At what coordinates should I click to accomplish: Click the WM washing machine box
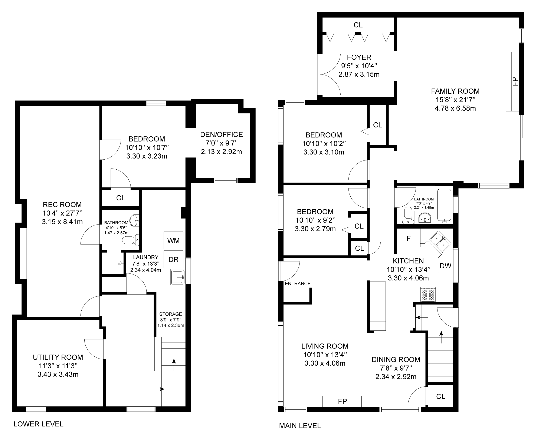(173, 240)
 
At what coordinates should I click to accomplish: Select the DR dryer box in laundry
(173, 259)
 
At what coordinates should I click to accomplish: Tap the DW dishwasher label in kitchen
(445, 266)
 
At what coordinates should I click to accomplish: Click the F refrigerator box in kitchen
(408, 238)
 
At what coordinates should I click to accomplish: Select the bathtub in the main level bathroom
(444, 205)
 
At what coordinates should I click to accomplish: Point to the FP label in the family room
(515, 82)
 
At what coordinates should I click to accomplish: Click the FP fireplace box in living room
(342, 401)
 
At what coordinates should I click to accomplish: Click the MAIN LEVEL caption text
(300, 426)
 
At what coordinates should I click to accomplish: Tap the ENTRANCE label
(298, 283)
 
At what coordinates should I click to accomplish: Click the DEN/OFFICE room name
(222, 134)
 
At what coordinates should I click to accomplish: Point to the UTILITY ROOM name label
(58, 357)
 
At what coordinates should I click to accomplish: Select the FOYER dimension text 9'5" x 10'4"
(359, 66)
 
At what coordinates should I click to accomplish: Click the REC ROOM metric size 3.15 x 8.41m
(62, 222)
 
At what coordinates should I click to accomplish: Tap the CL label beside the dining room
(441, 396)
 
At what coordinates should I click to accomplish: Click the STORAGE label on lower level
(171, 314)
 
